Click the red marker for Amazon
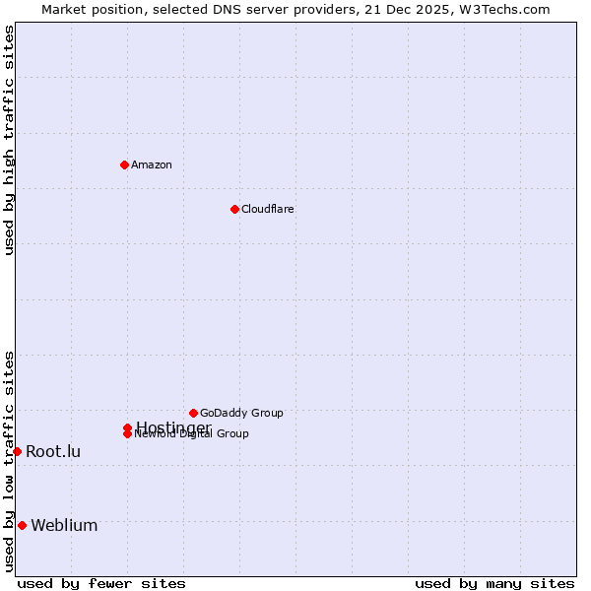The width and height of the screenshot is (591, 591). [x=124, y=164]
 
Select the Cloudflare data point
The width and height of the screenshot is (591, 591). [x=234, y=209]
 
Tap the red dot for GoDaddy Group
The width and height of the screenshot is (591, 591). [x=193, y=413]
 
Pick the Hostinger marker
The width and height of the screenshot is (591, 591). [x=127, y=427]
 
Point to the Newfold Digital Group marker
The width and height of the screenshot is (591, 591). [x=127, y=434]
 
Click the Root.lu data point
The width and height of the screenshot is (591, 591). [x=17, y=451]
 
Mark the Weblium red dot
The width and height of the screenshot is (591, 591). [x=22, y=525]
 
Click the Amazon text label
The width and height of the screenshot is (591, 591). [x=151, y=164]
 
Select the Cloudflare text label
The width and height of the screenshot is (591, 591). [x=267, y=209]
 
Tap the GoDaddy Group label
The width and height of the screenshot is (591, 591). [x=241, y=413]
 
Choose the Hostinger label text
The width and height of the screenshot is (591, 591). [x=173, y=427]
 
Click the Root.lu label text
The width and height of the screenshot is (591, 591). [x=53, y=451]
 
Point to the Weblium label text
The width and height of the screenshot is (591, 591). [x=64, y=525]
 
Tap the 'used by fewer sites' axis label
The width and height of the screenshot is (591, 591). [x=101, y=583]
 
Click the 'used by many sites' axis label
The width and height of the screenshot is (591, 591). [x=493, y=583]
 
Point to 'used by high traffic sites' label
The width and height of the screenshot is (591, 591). [x=9, y=140]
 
